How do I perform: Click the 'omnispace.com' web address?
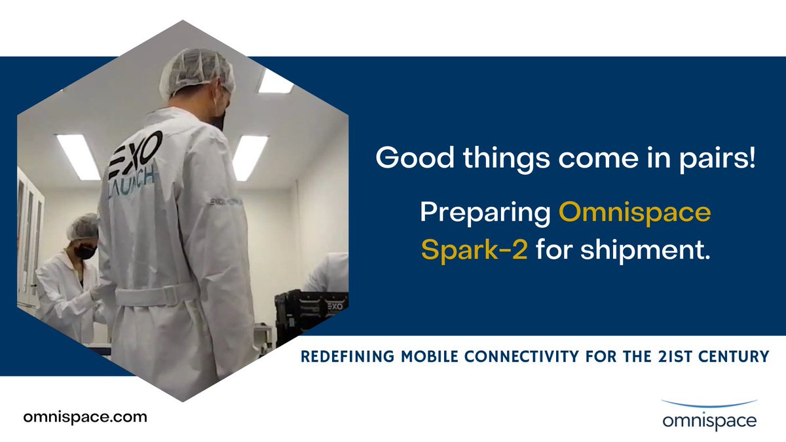coord(84,416)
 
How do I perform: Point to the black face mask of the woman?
coord(84,251)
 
